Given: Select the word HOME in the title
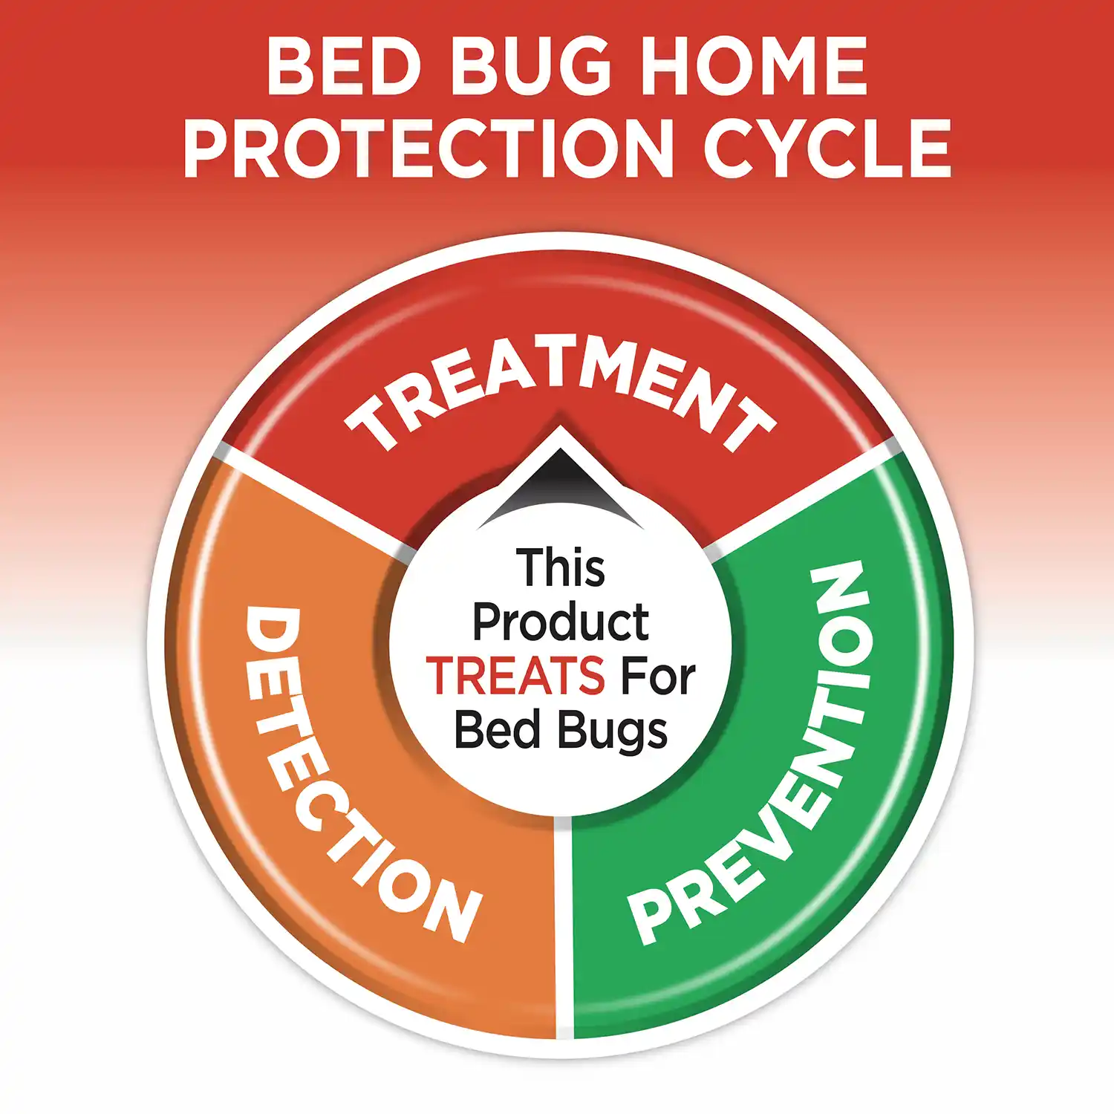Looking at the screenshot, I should click(753, 66).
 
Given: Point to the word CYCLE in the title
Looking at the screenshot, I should click(827, 148).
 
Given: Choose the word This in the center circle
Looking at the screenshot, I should click(561, 568).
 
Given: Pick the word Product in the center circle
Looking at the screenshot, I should click(561, 622).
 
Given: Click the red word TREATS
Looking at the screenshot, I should click(515, 676).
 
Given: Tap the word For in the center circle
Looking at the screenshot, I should click(658, 676).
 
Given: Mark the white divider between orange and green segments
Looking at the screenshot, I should click(564, 928).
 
